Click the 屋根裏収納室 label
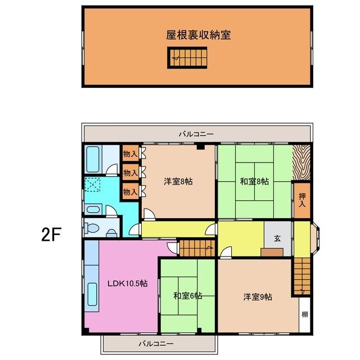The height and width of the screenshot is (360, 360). click(x=198, y=34)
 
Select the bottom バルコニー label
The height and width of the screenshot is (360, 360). click(x=156, y=343)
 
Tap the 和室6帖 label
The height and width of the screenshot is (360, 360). click(x=187, y=296)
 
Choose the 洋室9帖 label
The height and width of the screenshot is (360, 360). click(x=258, y=296)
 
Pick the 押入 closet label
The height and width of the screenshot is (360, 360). click(x=302, y=200)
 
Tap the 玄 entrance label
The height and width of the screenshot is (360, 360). click(x=277, y=238)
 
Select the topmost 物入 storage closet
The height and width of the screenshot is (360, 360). click(x=129, y=154)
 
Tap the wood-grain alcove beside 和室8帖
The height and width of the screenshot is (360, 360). click(x=301, y=163)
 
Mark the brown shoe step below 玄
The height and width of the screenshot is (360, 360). click(x=272, y=251)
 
